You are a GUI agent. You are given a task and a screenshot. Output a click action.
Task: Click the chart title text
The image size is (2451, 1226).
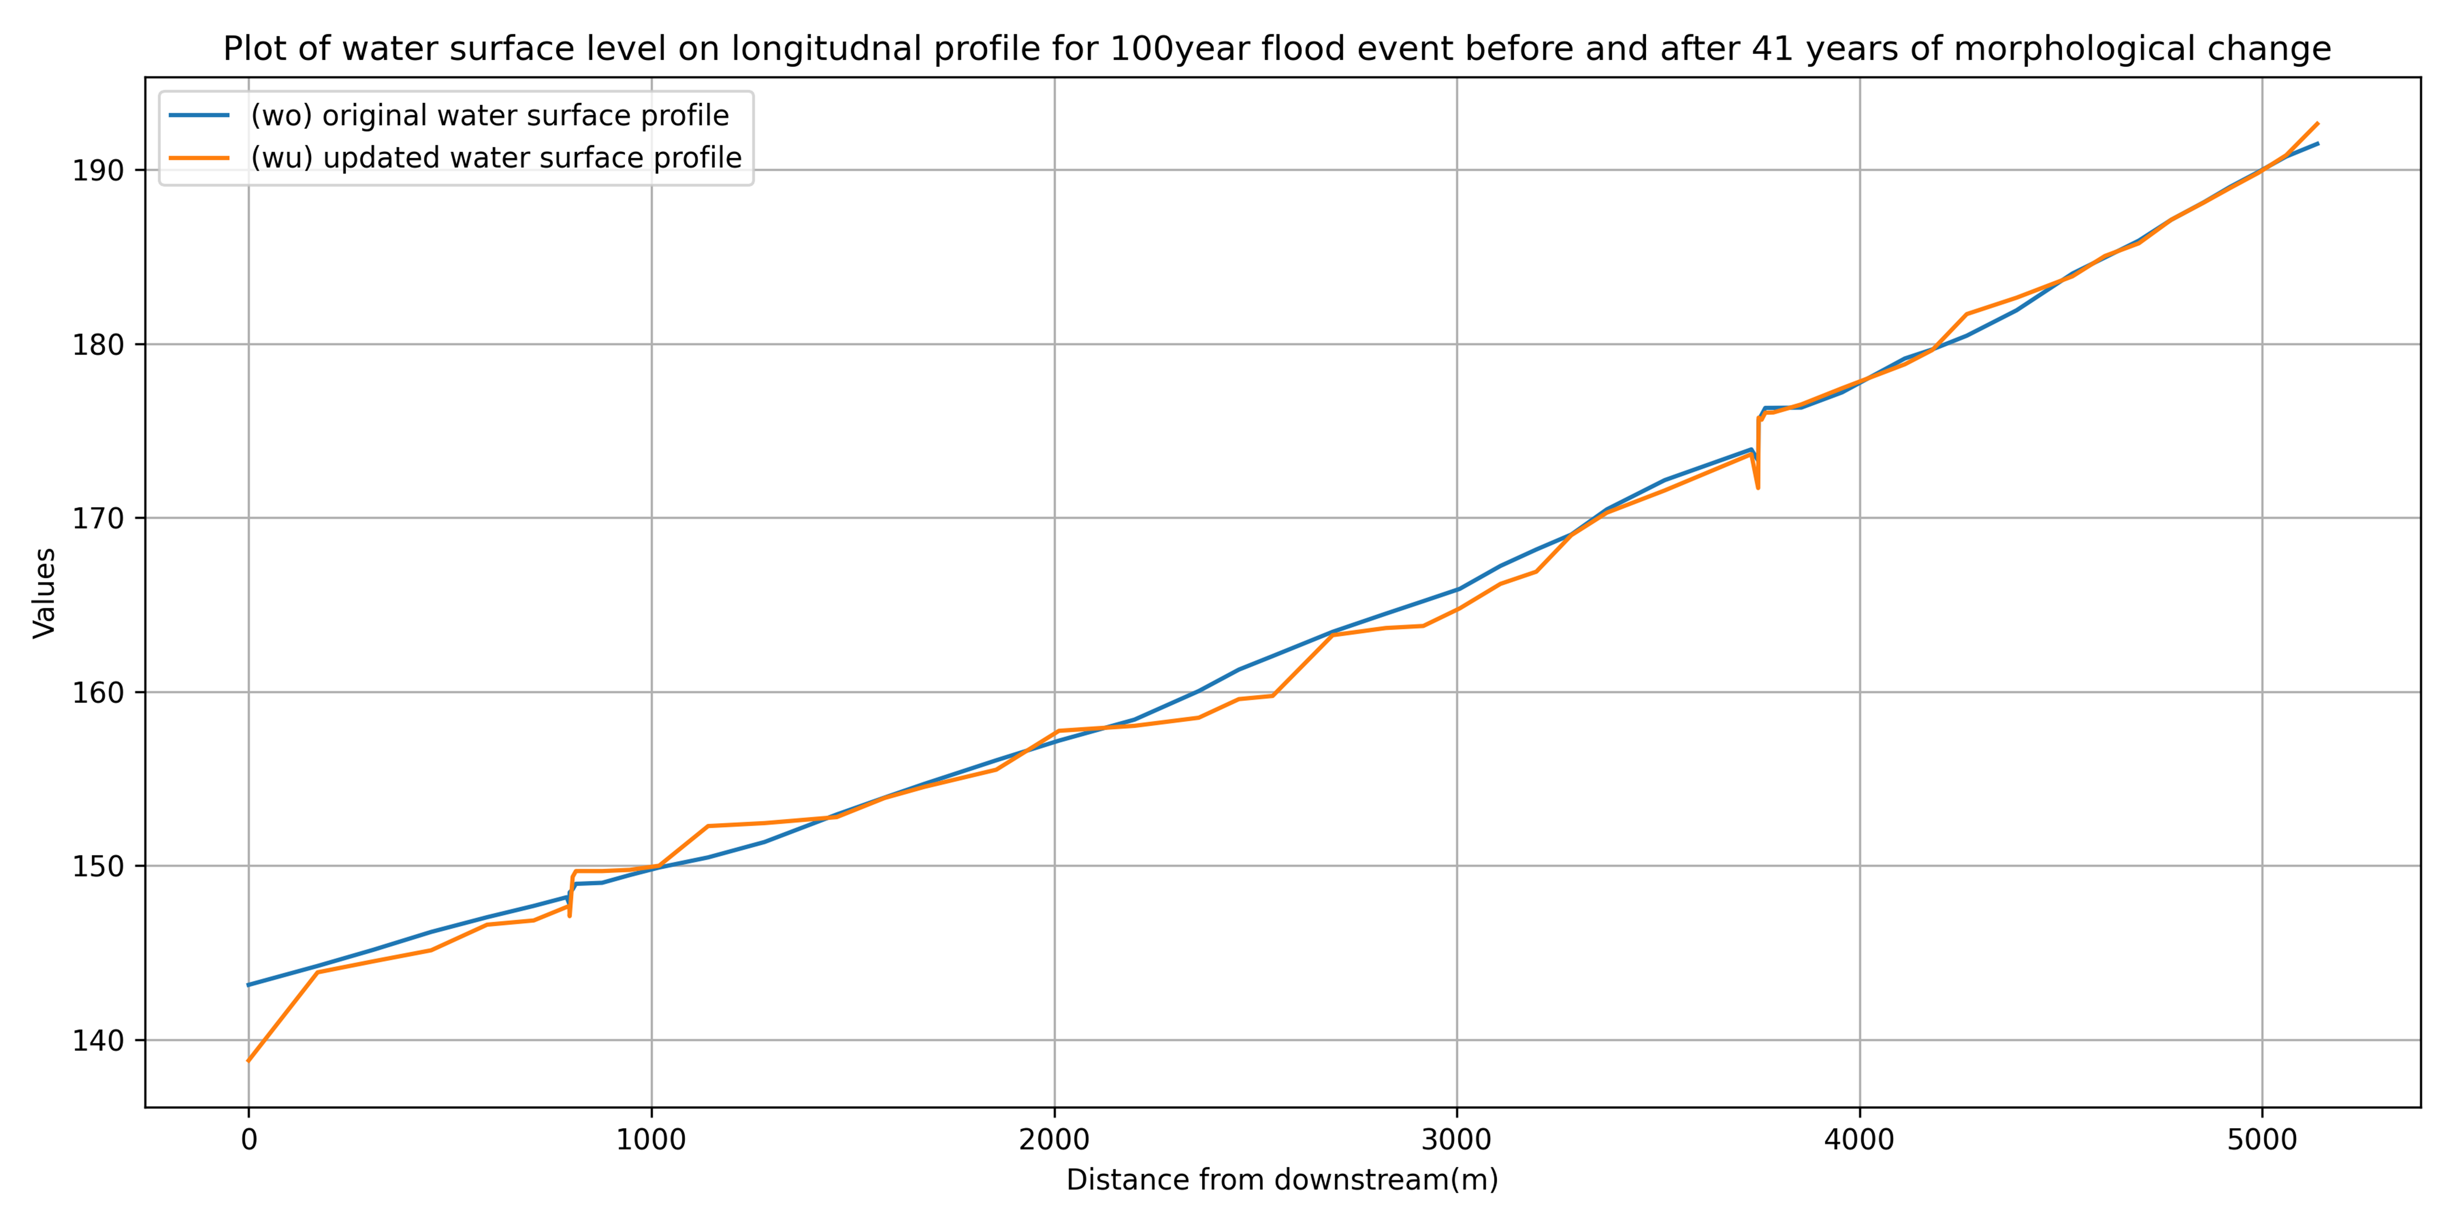click(x=1277, y=49)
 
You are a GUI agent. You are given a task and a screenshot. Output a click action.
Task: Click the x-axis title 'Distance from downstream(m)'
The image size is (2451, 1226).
click(x=1282, y=1180)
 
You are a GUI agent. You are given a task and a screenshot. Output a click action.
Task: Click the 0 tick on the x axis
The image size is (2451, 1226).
click(x=249, y=1139)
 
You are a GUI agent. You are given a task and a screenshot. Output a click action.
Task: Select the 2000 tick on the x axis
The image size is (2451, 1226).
click(x=1054, y=1139)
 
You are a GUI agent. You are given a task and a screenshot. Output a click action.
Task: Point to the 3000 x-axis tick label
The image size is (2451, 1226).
click(x=1457, y=1139)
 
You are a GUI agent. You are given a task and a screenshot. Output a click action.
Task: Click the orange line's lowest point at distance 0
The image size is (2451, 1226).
click(x=248, y=1061)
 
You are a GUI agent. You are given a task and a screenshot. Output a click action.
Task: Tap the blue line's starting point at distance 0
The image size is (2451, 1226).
click(x=248, y=984)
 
